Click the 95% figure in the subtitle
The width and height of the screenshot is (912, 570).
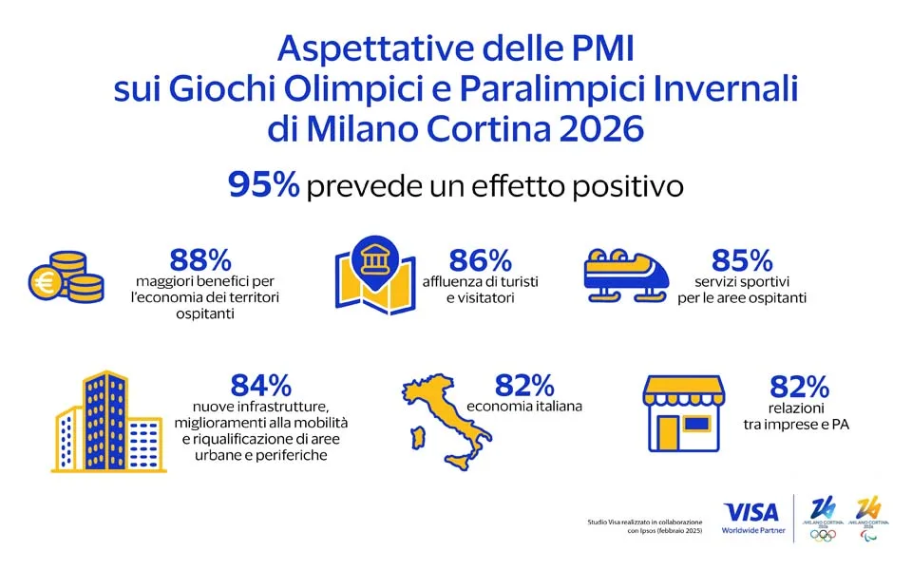pos(263,185)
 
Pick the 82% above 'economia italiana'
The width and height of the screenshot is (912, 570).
pos(523,385)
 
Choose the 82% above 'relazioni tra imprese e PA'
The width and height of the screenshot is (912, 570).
pos(798,387)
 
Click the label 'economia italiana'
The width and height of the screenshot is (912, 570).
pos(523,407)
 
